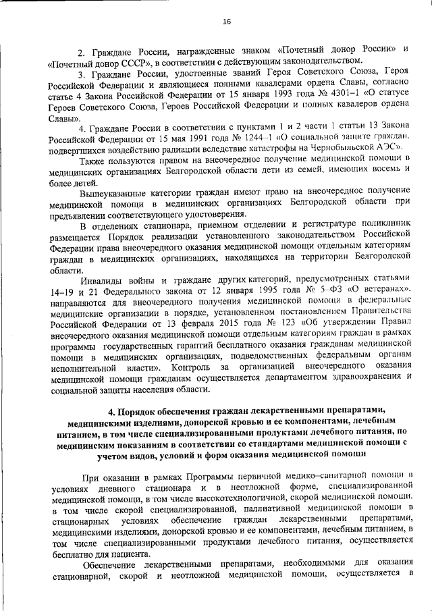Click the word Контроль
[x=194, y=367]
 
